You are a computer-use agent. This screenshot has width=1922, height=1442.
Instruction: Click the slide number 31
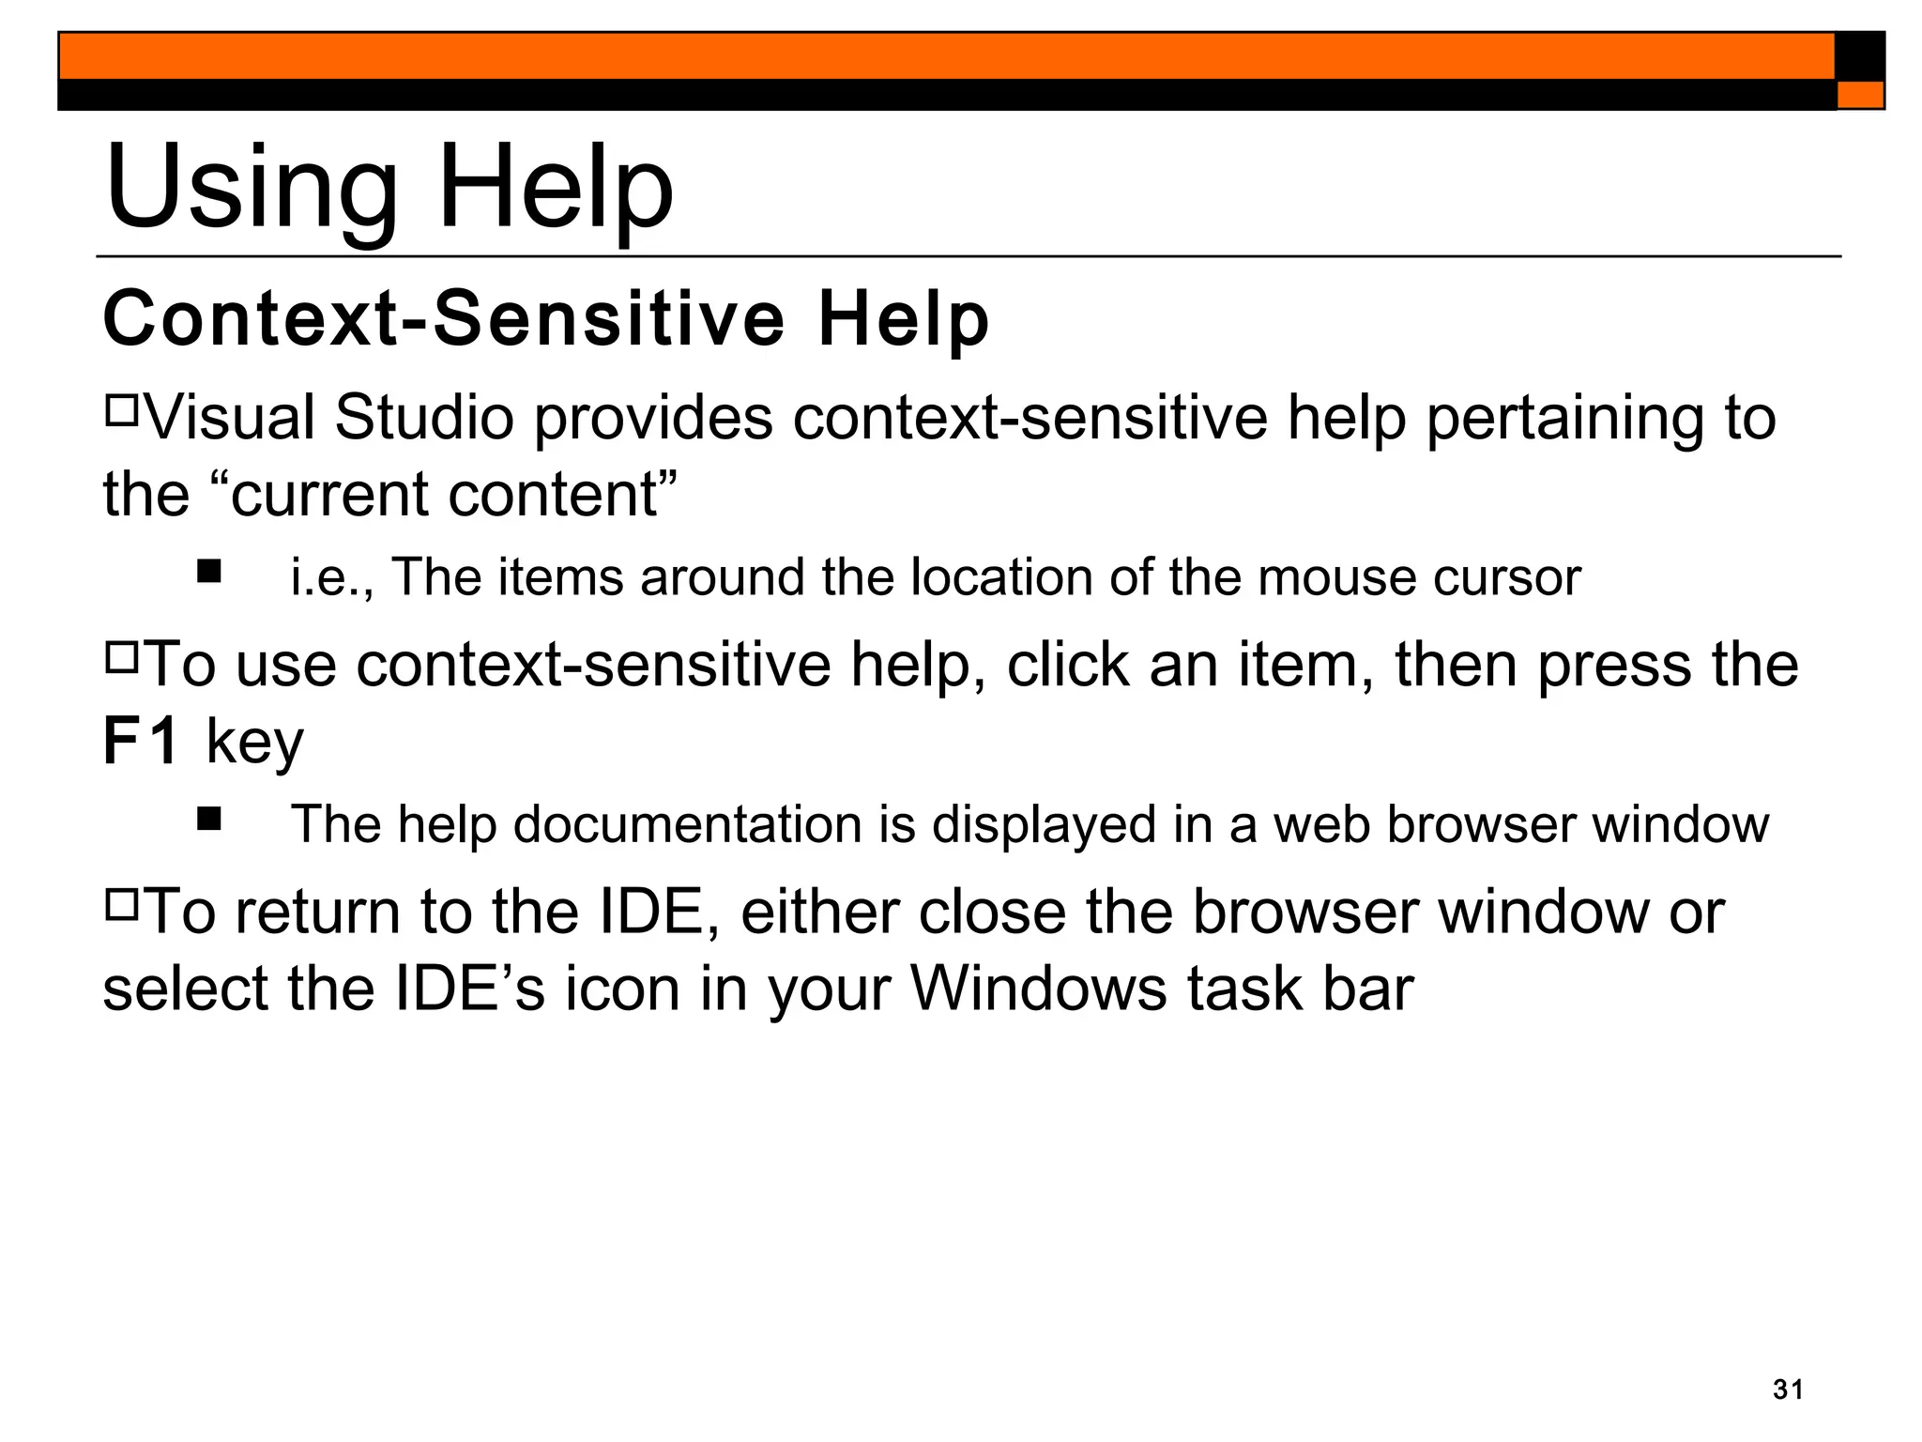pyautogui.click(x=1788, y=1389)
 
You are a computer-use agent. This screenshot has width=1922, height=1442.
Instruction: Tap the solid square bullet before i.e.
pyautogui.click(x=209, y=572)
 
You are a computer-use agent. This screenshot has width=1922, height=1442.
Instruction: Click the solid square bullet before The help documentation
pyautogui.click(x=209, y=820)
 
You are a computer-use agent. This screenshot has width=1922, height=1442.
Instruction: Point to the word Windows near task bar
pyautogui.click(x=1039, y=989)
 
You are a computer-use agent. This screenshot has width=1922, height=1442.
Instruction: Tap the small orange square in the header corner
pyautogui.click(x=1860, y=95)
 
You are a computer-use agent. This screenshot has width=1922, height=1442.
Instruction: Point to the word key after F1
pyautogui.click(x=254, y=744)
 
